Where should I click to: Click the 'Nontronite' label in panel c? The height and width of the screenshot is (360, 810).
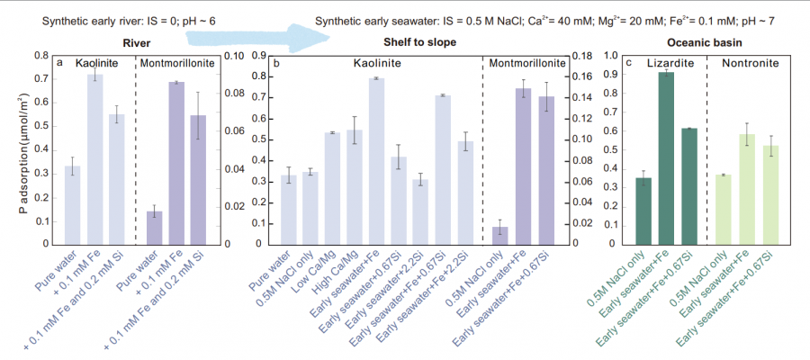746,64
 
